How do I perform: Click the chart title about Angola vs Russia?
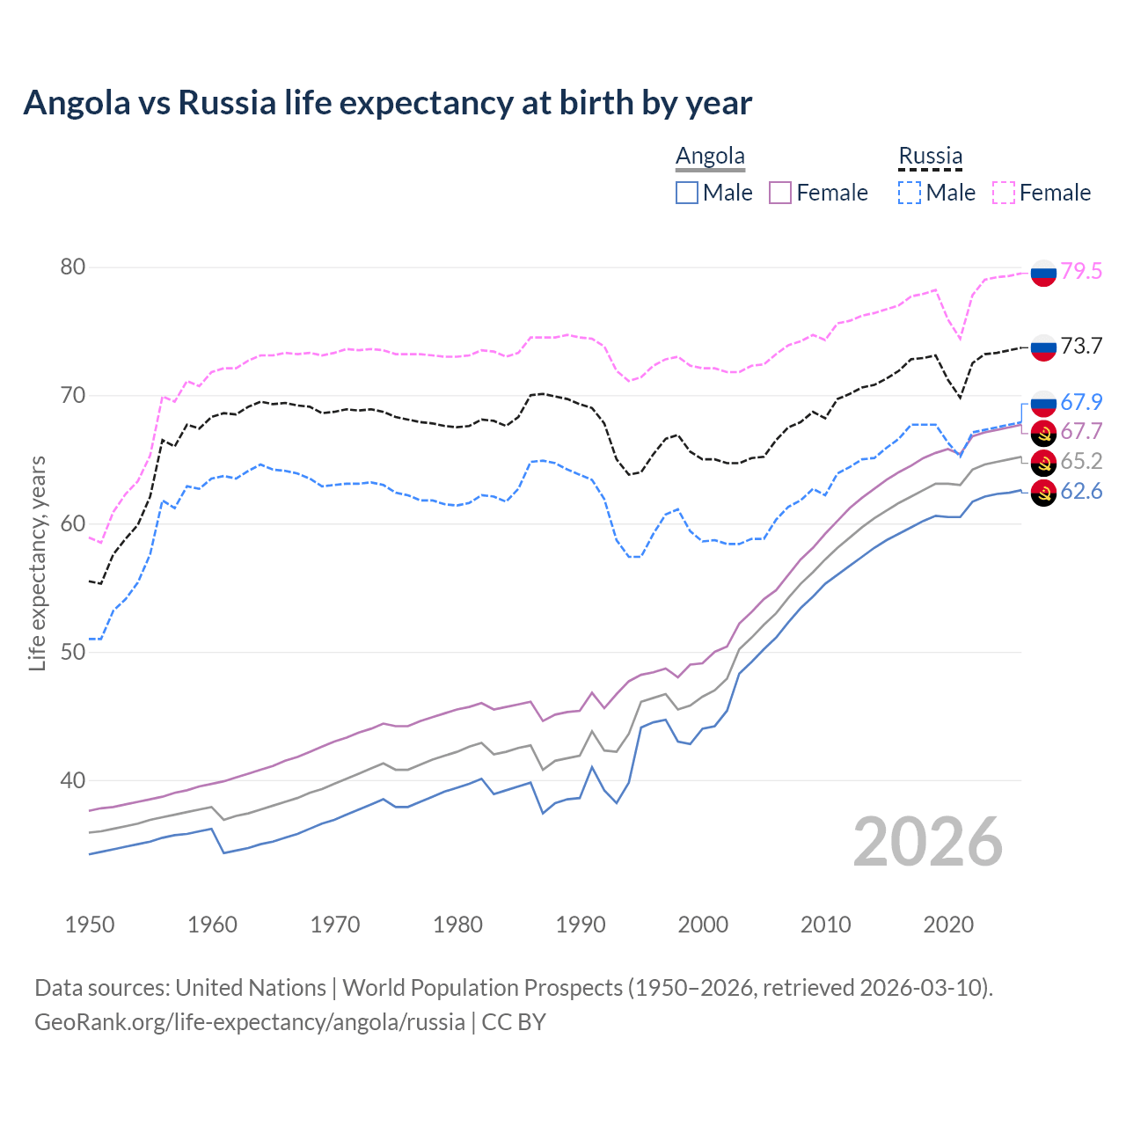coord(387,103)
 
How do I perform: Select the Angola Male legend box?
coord(687,193)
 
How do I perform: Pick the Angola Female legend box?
coord(780,193)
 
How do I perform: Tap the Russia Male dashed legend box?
coord(910,193)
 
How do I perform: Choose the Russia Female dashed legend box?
coord(1004,193)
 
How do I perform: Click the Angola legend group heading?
coord(710,156)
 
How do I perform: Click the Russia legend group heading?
coord(930,156)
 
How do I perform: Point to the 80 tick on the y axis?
coord(72,267)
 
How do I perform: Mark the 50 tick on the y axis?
coord(72,652)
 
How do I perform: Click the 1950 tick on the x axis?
coord(90,925)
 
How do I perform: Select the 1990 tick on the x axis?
coord(581,925)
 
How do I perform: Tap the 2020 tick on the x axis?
coord(948,925)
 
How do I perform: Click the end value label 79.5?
coord(1081,271)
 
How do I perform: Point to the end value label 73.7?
coord(1081,346)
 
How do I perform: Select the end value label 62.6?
coord(1081,491)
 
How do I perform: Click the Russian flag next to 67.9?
coord(1043,403)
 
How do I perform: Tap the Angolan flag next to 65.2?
coord(1043,462)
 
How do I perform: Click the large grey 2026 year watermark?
coord(927,842)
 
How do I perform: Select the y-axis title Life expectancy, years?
coord(37,563)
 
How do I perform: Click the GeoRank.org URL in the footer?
coord(250,1021)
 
